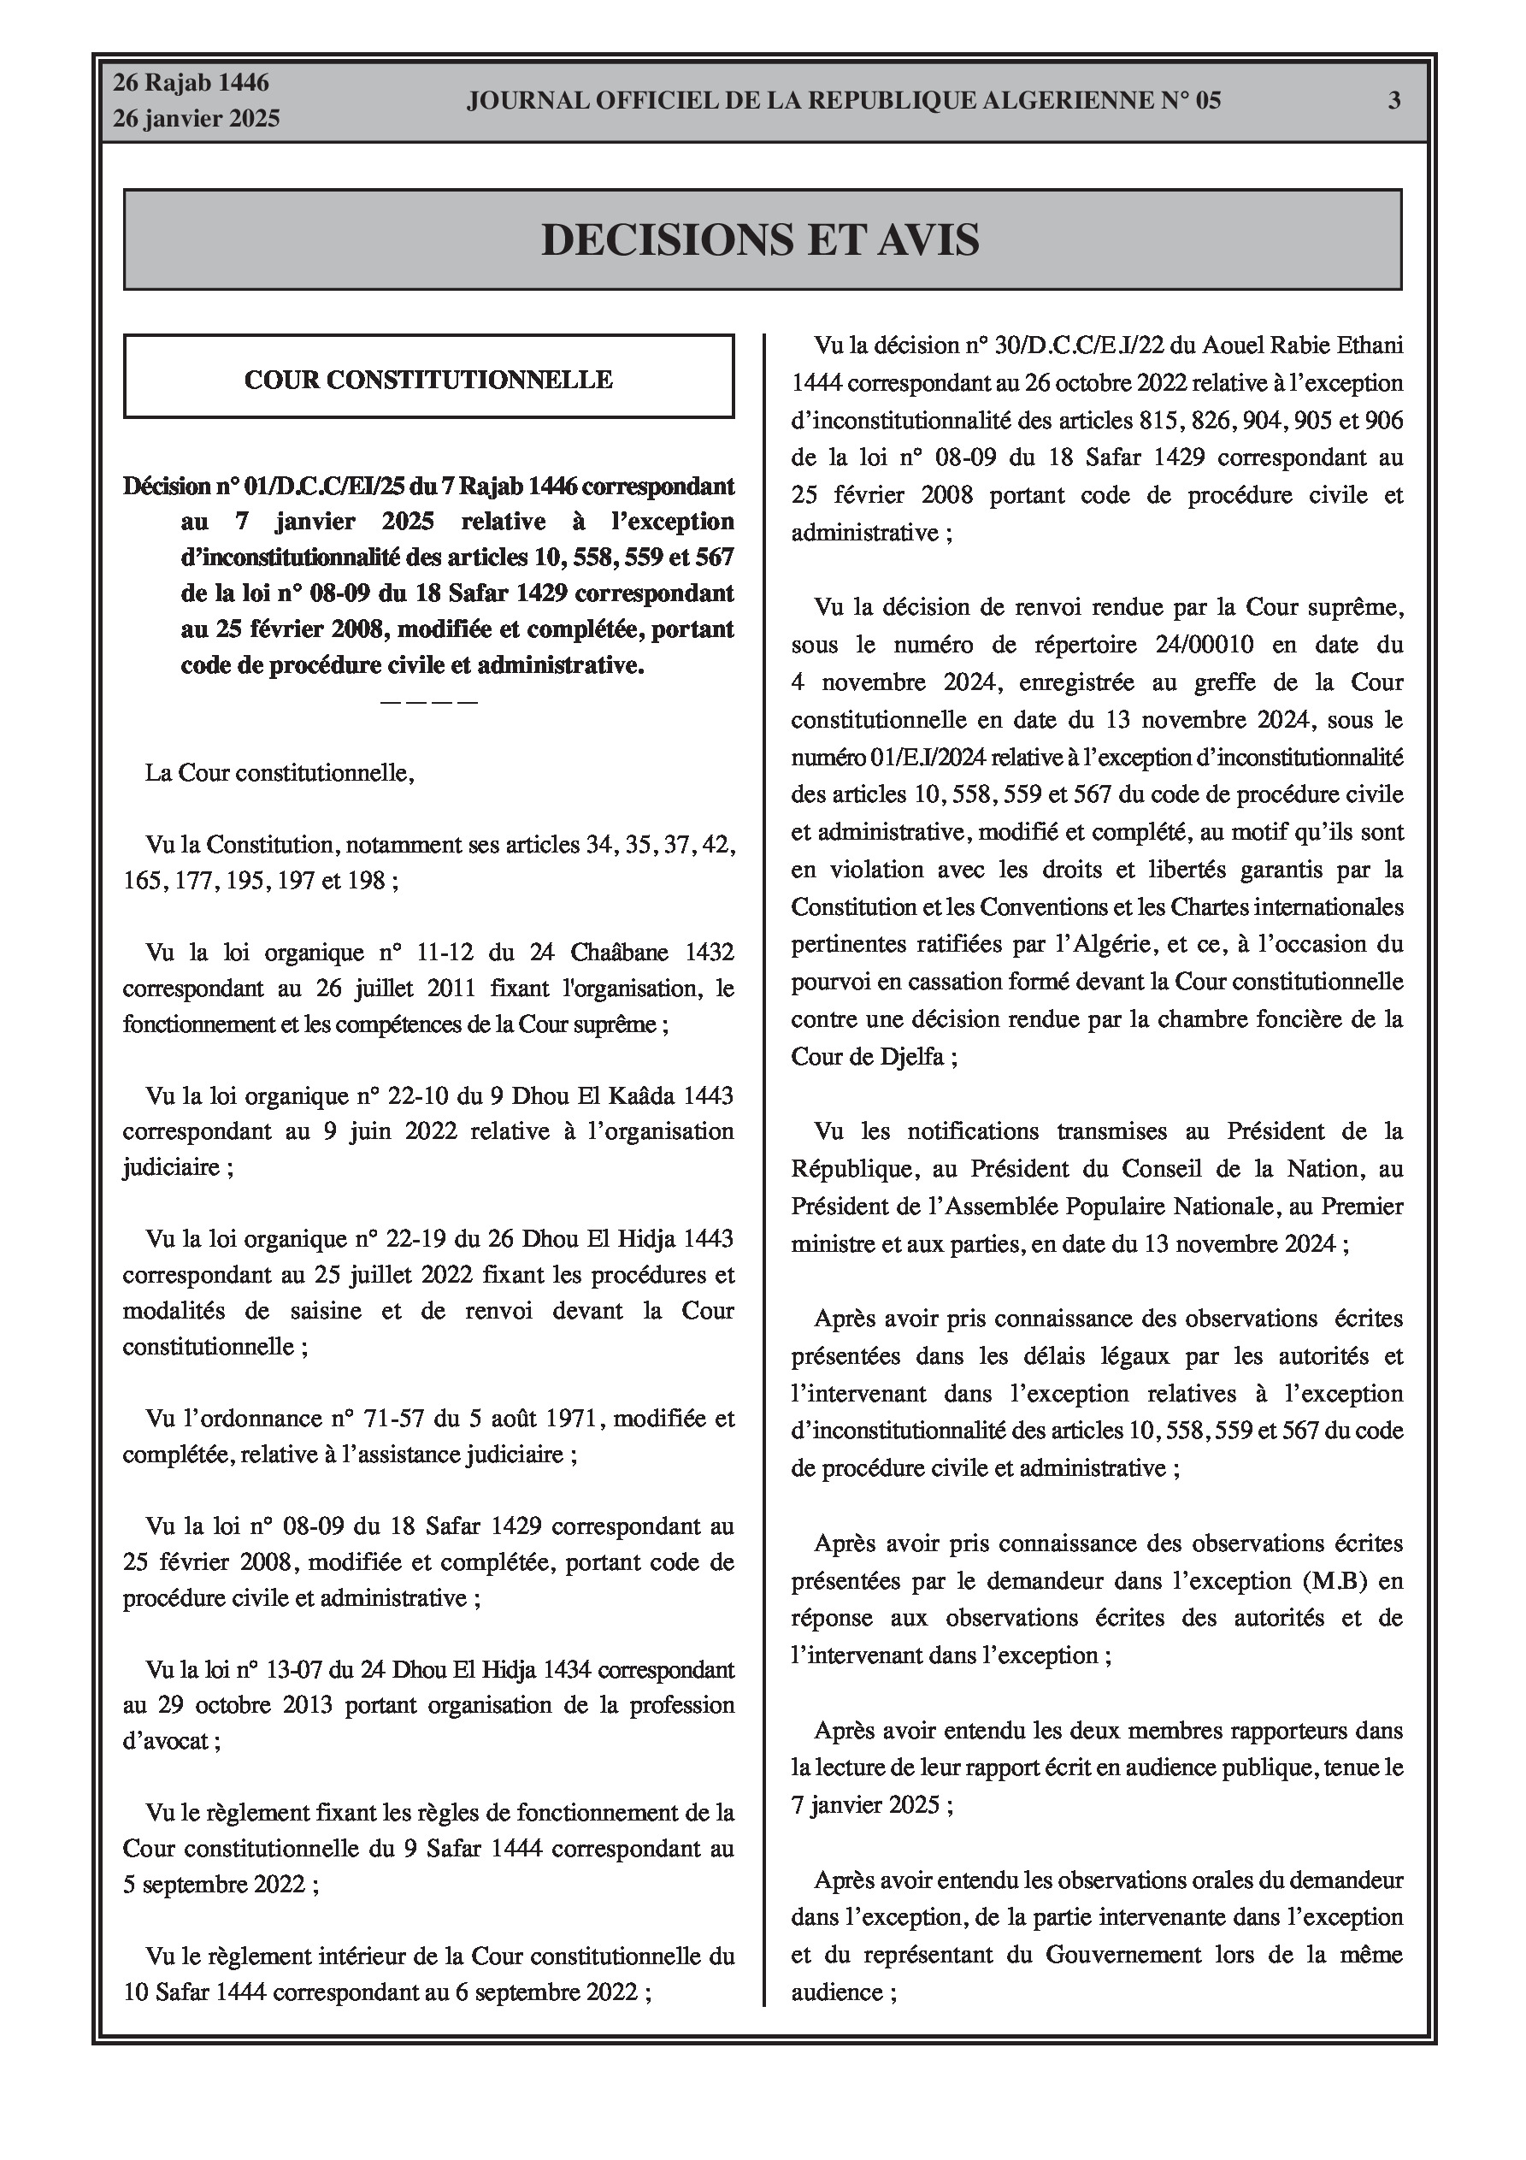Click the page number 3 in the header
(x=1394, y=101)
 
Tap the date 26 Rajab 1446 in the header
(x=191, y=83)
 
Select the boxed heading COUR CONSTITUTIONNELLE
(x=428, y=379)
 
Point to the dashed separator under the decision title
(x=428, y=702)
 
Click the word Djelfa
(x=909, y=1056)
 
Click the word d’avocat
(x=167, y=1741)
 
